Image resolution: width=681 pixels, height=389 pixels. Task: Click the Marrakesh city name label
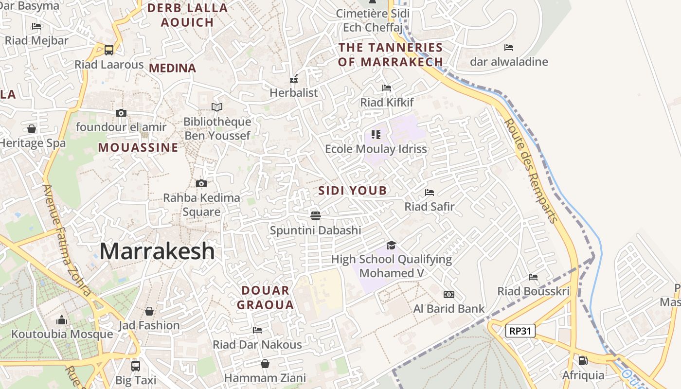click(157, 251)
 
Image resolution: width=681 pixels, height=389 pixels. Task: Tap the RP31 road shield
click(520, 331)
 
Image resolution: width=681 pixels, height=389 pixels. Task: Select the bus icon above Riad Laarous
click(109, 50)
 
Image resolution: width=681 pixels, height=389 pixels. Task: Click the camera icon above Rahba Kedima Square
click(201, 183)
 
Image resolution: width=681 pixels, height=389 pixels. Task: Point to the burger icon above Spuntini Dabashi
click(315, 215)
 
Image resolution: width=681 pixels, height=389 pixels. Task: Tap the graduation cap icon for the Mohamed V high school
click(391, 245)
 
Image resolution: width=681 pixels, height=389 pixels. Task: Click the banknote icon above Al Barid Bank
click(449, 295)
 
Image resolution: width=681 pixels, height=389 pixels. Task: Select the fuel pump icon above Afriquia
click(583, 361)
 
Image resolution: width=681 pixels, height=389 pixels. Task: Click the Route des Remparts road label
click(531, 170)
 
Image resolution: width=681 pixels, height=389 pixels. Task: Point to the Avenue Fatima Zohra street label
click(67, 240)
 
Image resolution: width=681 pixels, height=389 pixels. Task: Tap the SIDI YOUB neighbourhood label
click(353, 191)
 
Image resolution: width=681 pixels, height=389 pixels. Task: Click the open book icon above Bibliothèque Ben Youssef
click(217, 107)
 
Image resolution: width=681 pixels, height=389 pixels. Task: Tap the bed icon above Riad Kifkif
click(387, 88)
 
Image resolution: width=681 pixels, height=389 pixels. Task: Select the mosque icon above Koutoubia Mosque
click(62, 320)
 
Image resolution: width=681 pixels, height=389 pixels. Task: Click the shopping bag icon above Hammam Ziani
click(265, 363)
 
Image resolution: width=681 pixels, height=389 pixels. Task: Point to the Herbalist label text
click(294, 92)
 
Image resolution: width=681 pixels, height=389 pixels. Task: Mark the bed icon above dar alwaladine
click(509, 48)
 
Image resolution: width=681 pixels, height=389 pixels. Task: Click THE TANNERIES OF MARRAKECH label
click(391, 54)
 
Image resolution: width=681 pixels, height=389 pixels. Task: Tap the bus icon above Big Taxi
click(136, 365)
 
